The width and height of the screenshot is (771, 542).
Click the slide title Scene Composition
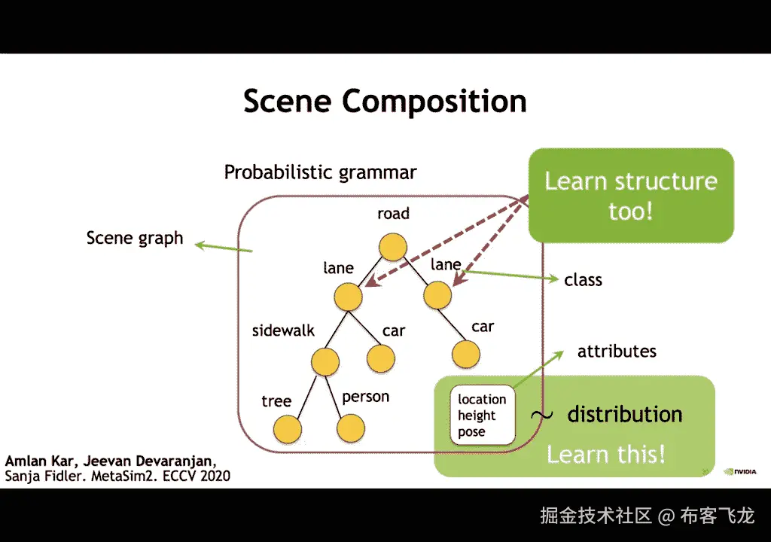(385, 102)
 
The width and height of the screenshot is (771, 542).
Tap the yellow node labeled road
(393, 247)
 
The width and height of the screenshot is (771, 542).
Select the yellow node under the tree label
(287, 429)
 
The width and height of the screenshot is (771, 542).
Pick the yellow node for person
(351, 428)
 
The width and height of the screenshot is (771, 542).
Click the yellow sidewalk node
(325, 362)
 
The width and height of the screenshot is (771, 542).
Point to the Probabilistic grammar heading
(320, 172)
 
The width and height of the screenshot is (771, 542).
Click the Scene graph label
(135, 238)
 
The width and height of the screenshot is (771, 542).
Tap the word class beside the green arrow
(583, 280)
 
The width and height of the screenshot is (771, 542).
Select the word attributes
(617, 351)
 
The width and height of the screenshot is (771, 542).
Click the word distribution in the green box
(624, 414)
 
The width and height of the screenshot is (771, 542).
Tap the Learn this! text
(606, 454)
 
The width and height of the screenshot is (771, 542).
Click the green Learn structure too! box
(631, 196)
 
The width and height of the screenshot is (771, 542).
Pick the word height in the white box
(477, 416)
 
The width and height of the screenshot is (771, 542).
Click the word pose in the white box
(471, 432)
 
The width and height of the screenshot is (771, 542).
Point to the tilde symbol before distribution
(541, 416)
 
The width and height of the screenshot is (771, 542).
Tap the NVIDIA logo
(740, 472)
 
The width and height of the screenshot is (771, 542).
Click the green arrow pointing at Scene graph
(224, 248)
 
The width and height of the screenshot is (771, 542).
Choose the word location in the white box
(482, 400)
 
